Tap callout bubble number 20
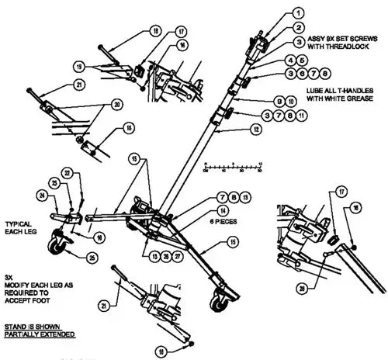118,104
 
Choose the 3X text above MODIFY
9,275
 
